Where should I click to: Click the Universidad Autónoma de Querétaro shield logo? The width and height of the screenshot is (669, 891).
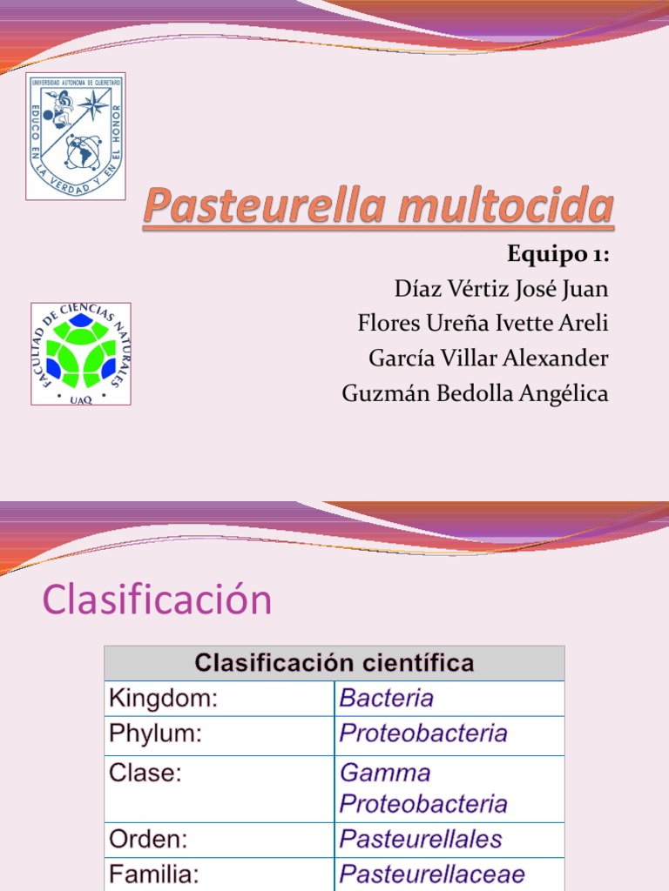point(76,136)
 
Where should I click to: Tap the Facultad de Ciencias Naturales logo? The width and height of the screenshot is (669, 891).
point(81,353)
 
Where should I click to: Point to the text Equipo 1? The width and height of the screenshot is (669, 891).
point(557,255)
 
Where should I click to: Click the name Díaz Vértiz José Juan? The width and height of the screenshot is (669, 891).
point(501,288)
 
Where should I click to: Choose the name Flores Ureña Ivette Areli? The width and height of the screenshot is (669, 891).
point(483,324)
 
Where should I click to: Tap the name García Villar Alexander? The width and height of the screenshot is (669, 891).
point(489,358)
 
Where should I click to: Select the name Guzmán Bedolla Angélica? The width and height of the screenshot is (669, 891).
point(475,393)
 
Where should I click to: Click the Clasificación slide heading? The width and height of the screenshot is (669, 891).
point(157,600)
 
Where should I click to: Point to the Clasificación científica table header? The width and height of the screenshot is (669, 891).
point(334,663)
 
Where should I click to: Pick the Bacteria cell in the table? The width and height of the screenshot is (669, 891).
point(387,698)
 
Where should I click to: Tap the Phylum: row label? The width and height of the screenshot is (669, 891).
point(155,734)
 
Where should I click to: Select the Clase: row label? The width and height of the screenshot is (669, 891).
point(145,773)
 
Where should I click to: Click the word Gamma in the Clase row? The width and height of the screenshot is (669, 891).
point(385,773)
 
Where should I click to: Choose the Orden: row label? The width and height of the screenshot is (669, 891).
point(149,840)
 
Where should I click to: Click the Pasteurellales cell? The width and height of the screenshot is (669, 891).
point(421,840)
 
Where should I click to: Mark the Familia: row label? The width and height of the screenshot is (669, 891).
point(153,874)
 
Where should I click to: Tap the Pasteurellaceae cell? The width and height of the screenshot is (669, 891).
point(432,874)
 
